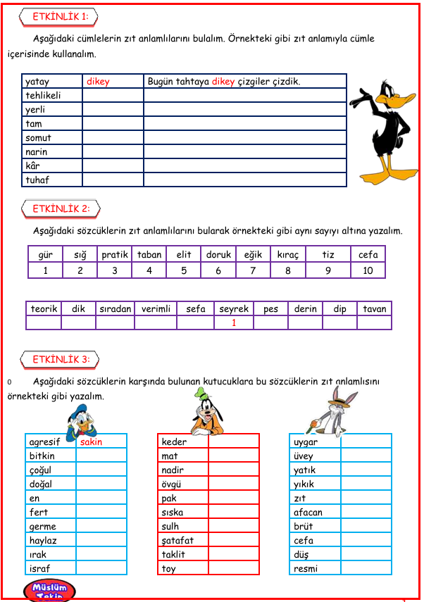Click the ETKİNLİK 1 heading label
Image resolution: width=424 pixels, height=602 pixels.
(60, 17)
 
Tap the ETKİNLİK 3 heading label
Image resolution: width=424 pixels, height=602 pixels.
(61, 360)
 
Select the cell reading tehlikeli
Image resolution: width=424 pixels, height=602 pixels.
(44, 96)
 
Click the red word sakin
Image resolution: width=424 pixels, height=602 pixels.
(91, 442)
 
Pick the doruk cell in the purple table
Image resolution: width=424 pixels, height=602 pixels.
(218, 255)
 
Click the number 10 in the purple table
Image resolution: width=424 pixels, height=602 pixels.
(368, 270)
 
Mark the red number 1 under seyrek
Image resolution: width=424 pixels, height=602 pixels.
(234, 323)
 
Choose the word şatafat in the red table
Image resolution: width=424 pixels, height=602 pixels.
(177, 541)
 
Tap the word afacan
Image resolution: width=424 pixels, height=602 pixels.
(308, 513)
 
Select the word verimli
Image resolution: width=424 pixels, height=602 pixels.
(156, 309)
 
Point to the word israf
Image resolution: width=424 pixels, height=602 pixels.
(40, 569)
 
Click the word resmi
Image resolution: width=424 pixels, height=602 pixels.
(306, 569)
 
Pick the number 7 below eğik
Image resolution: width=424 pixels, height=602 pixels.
(252, 270)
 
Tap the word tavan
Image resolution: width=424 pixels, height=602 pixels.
(375, 309)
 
